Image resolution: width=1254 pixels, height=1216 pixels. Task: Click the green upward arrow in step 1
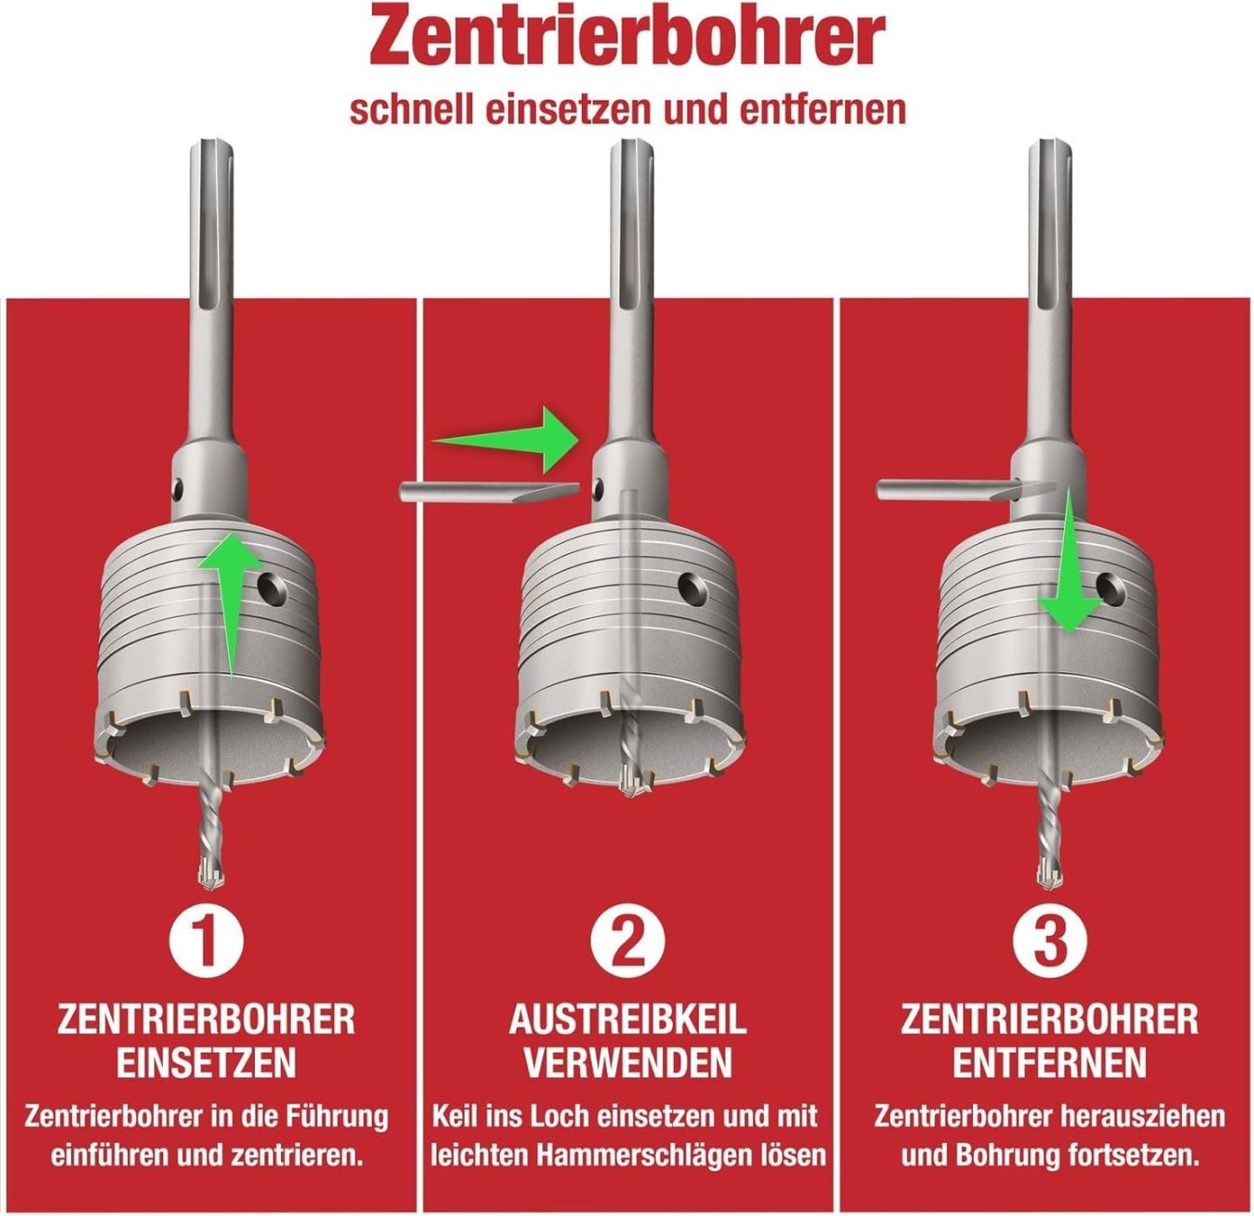(x=231, y=603)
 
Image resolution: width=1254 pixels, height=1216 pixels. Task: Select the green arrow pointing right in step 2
(x=506, y=440)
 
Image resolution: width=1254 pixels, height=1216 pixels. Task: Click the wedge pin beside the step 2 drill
(x=489, y=493)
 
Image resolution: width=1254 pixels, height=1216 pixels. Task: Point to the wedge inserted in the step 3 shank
(x=966, y=491)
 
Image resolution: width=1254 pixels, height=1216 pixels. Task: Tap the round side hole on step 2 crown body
(x=693, y=587)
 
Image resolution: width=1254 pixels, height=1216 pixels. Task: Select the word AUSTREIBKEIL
(x=628, y=1020)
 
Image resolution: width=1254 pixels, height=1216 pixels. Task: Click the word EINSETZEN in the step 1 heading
(x=206, y=1062)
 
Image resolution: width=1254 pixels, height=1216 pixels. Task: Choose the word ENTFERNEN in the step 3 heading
(x=1050, y=1062)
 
